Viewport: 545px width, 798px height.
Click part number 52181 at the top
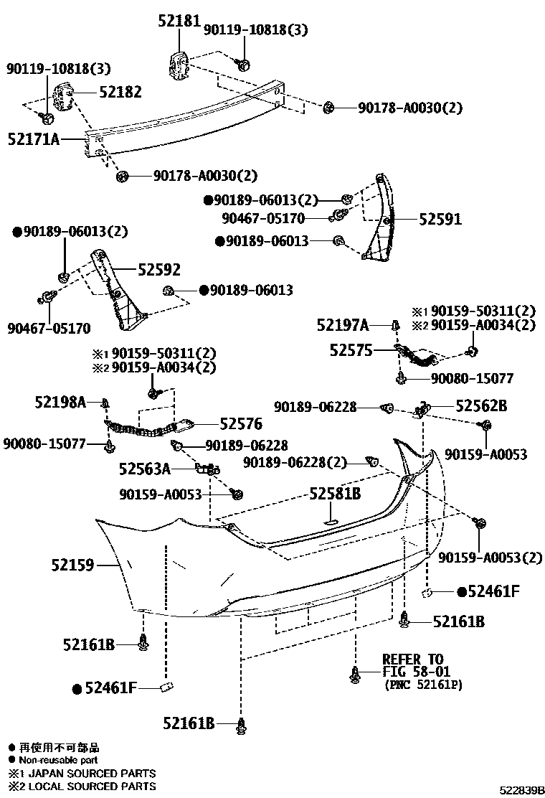pyautogui.click(x=179, y=22)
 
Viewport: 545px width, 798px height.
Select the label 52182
pyautogui.click(x=120, y=92)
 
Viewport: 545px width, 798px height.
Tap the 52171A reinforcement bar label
pyautogui.click(x=34, y=139)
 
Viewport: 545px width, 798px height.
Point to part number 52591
pyautogui.click(x=440, y=220)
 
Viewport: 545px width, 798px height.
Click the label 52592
pyautogui.click(x=158, y=270)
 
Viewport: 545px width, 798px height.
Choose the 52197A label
pyautogui.click(x=343, y=326)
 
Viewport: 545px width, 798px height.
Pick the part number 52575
pyautogui.click(x=351, y=350)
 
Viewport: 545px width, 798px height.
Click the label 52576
pyautogui.click(x=241, y=424)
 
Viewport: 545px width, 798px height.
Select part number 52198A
pyautogui.click(x=60, y=403)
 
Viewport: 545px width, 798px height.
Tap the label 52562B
pyautogui.click(x=482, y=406)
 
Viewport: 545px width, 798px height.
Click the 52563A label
pyautogui.click(x=145, y=470)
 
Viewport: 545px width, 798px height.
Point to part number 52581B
pyautogui.click(x=335, y=494)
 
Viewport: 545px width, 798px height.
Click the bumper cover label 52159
pyautogui.click(x=72, y=565)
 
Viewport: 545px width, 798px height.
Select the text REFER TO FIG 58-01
pyautogui.click(x=412, y=665)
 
